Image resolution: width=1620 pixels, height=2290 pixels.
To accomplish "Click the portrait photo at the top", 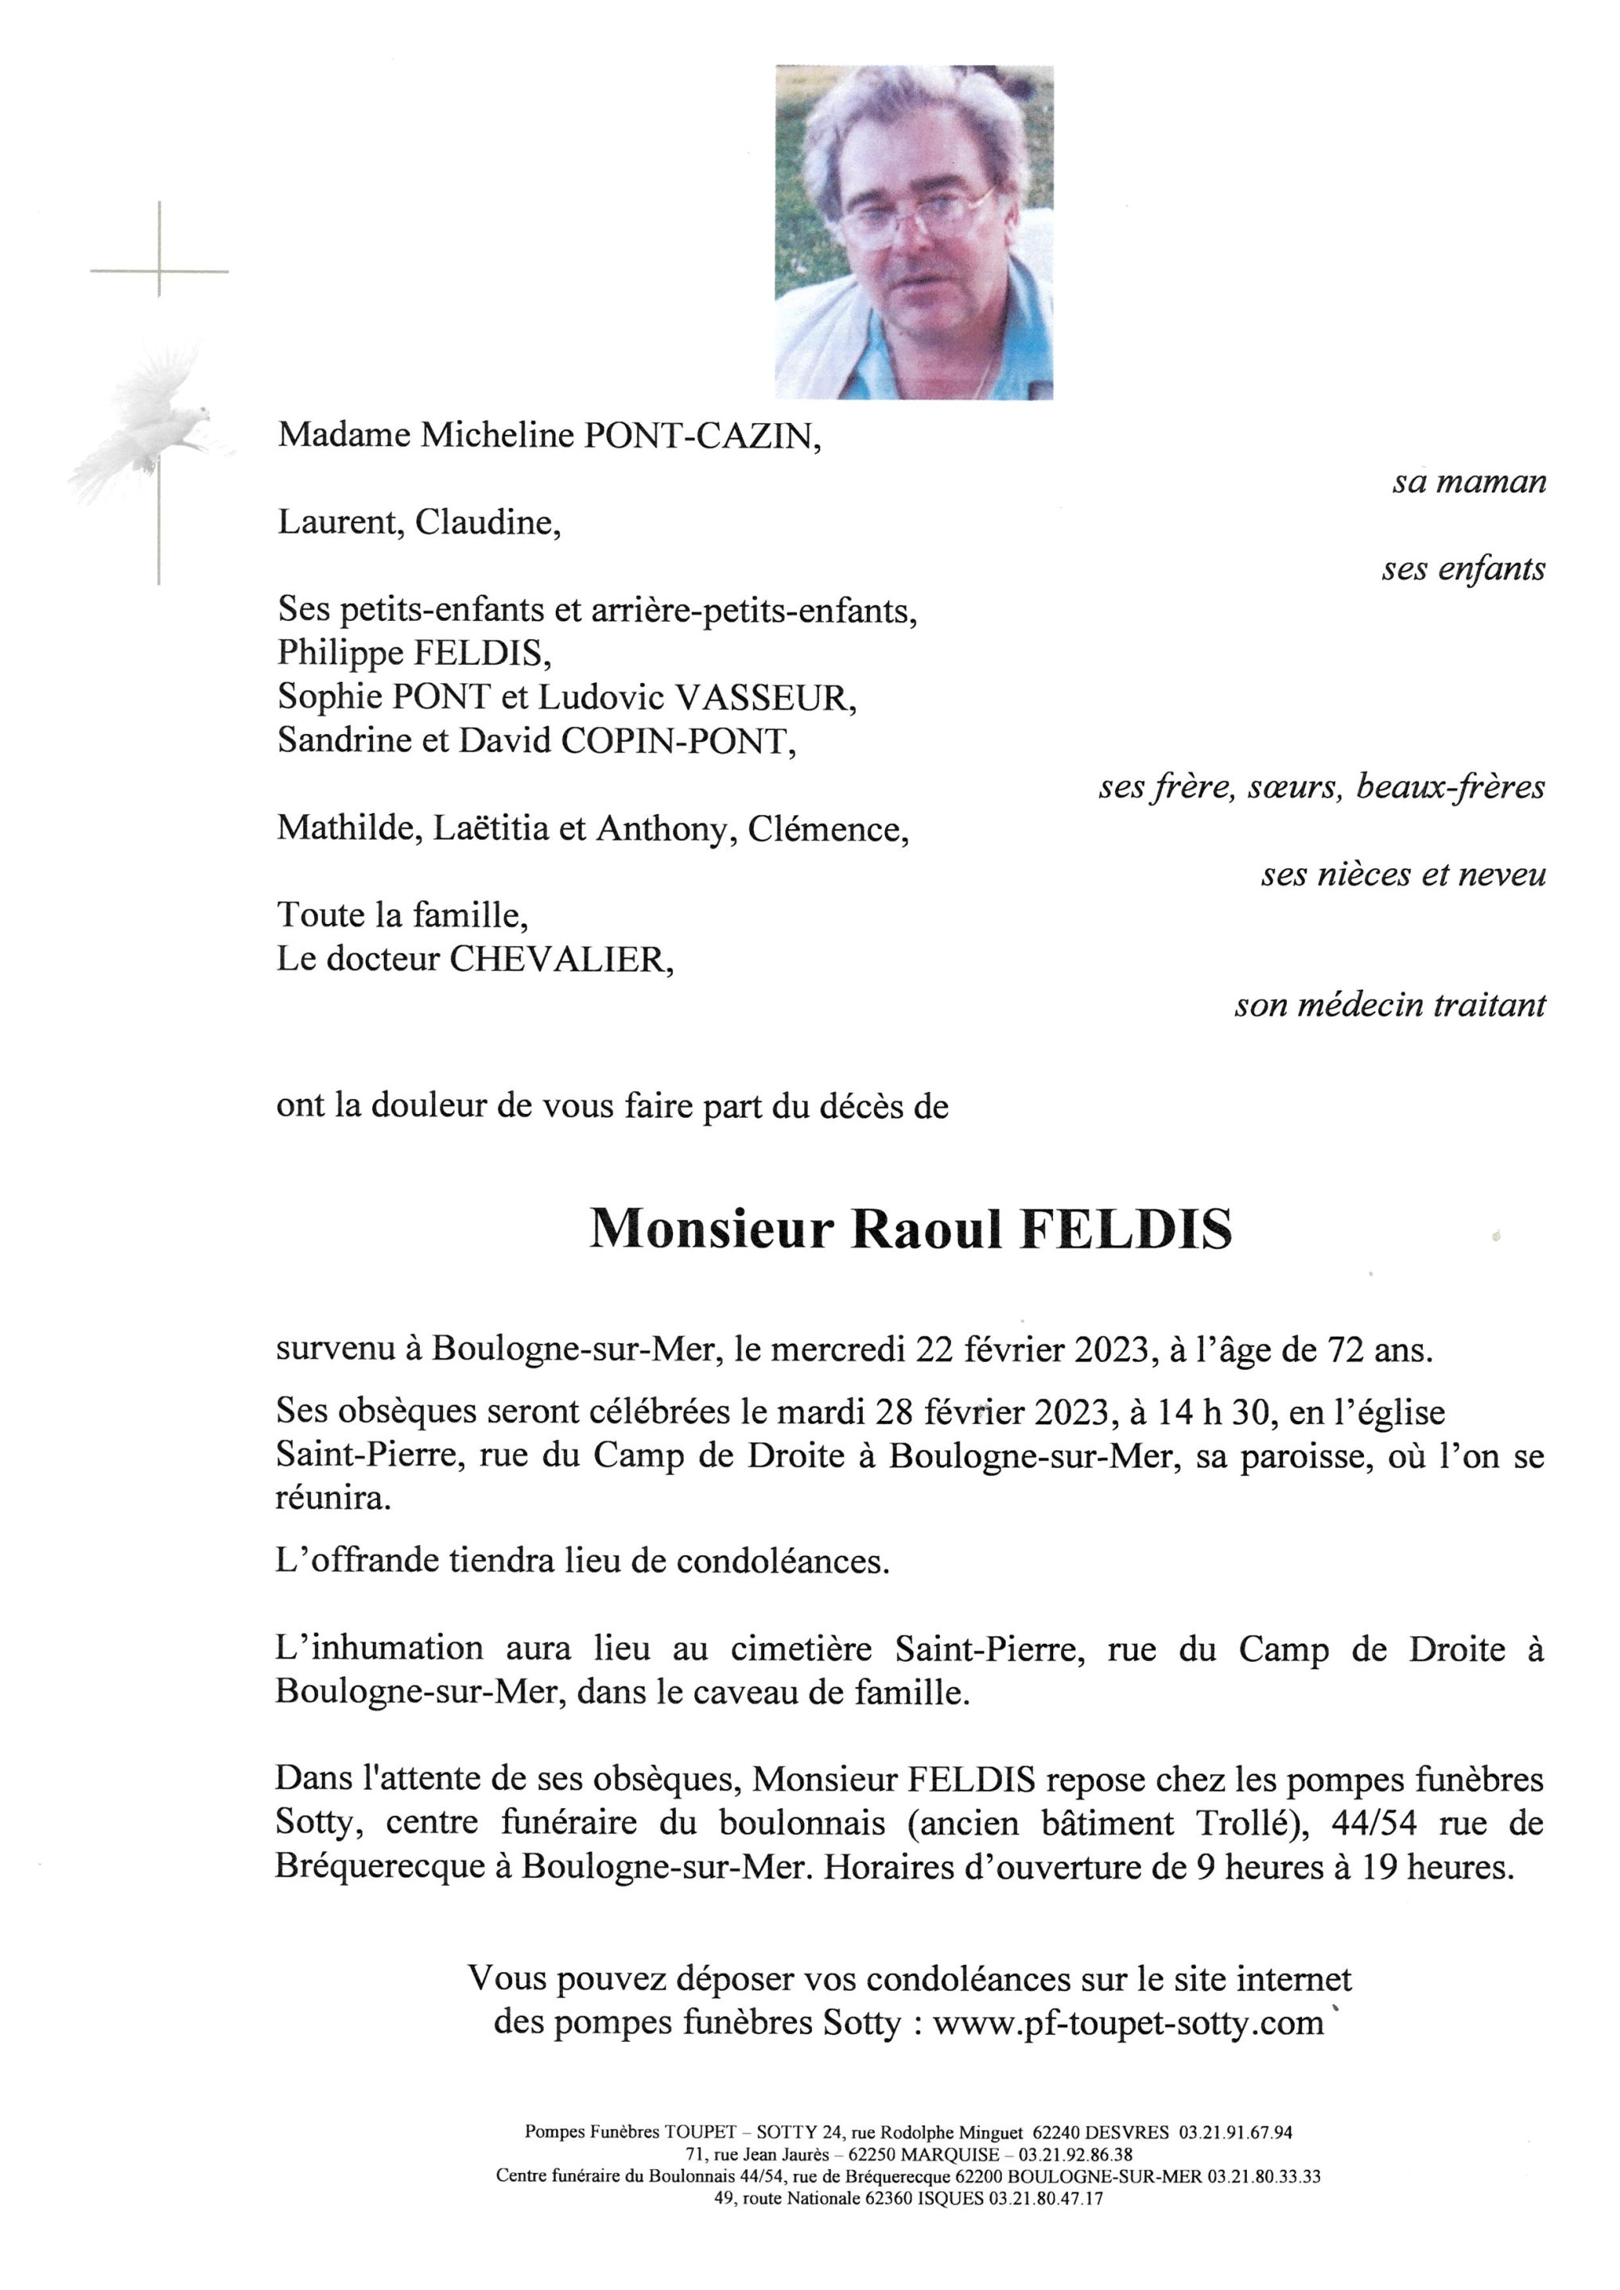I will click(914, 231).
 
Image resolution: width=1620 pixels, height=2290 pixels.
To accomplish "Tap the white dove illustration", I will click(150, 424).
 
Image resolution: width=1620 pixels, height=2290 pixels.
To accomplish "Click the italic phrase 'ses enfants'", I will click(1463, 569).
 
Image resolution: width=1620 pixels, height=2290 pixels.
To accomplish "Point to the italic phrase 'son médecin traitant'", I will click(1389, 1005).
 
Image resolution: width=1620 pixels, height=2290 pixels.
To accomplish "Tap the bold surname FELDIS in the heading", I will click(1125, 1230).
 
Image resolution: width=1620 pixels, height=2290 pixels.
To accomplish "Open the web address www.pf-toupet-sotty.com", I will click(1127, 2024).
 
